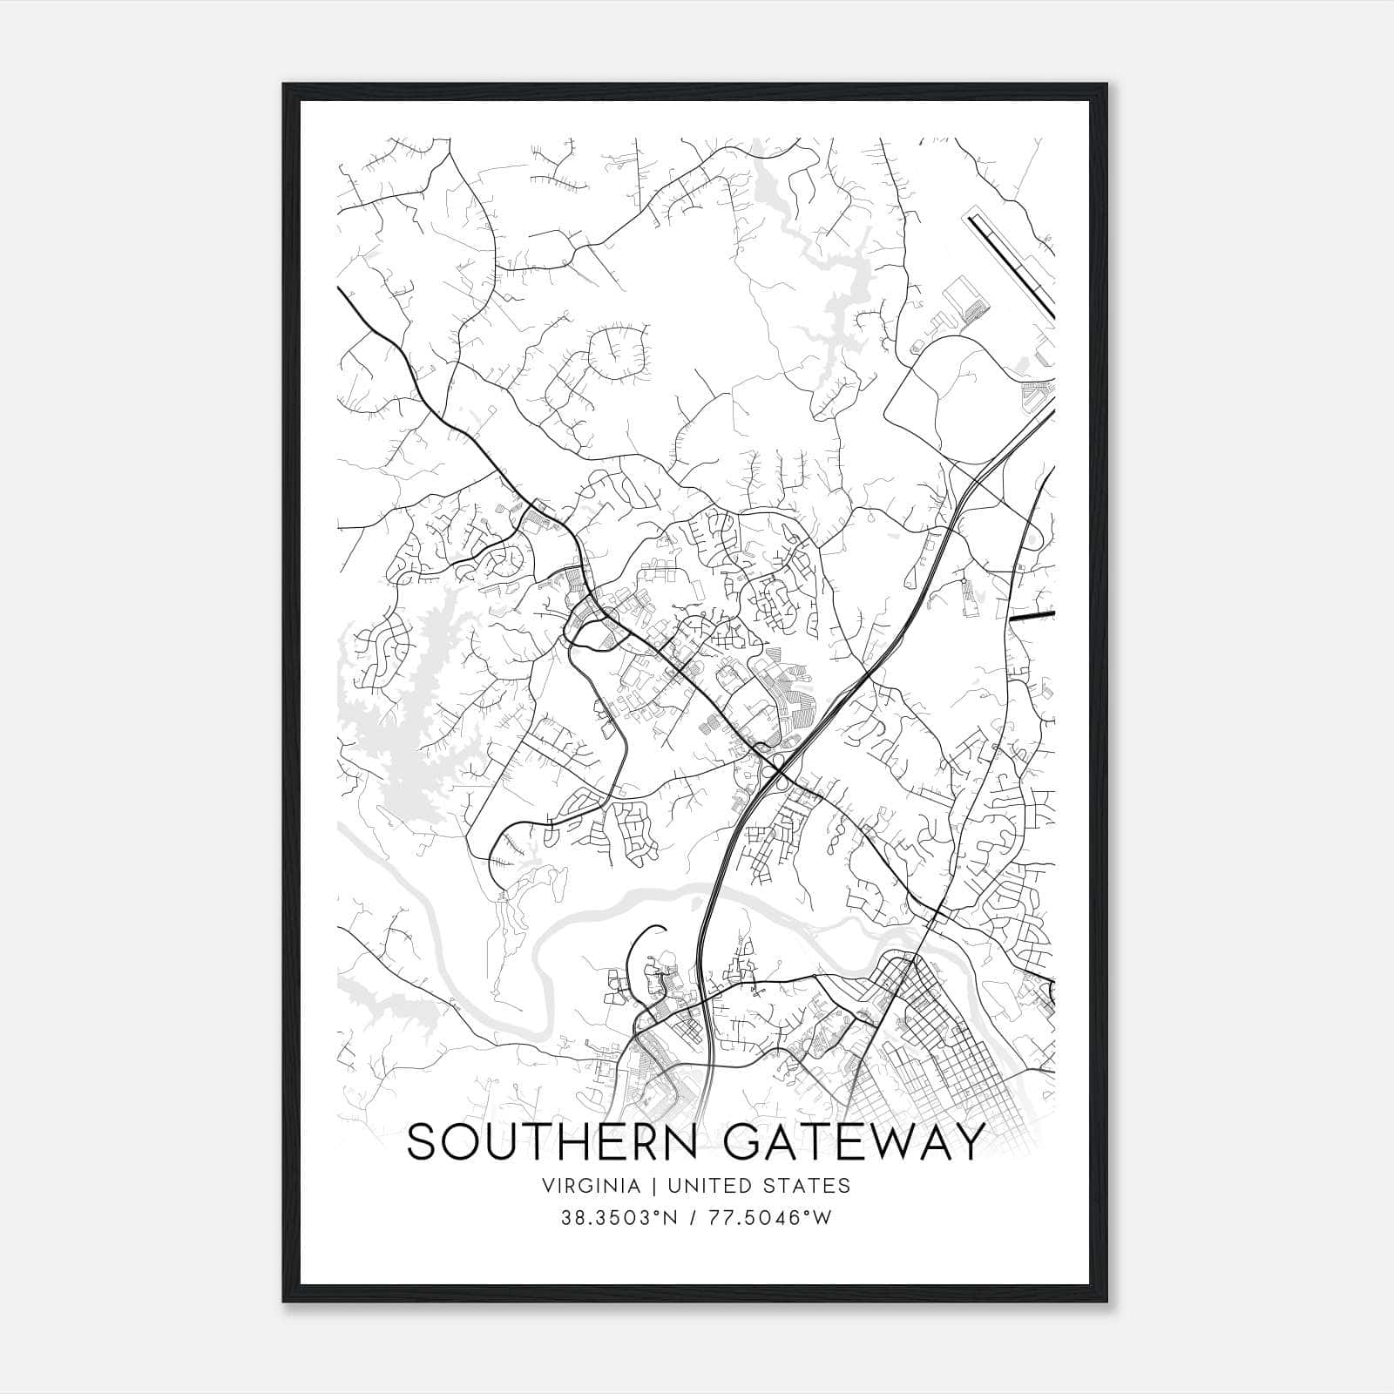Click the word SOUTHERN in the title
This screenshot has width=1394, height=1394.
(552, 1143)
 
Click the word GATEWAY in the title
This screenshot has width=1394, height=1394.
(855, 1143)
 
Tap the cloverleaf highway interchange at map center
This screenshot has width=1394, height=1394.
(775, 767)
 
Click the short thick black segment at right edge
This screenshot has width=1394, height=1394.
(1032, 616)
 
